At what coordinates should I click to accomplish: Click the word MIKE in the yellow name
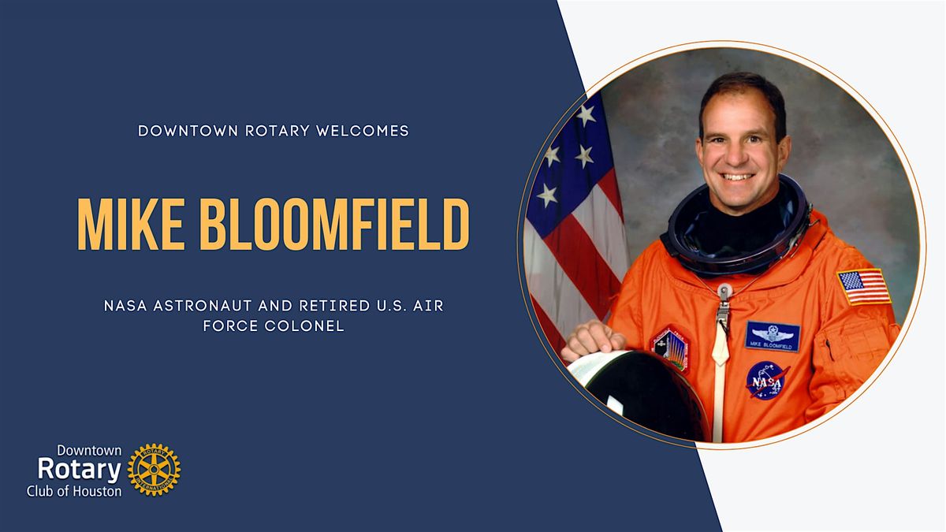point(132,224)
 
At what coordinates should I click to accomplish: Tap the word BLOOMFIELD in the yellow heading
point(334,224)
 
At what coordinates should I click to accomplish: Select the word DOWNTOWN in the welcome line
point(188,131)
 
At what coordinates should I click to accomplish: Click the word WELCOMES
point(363,131)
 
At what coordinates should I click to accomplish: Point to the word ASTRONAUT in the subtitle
point(203,306)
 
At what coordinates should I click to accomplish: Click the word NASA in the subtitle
point(125,306)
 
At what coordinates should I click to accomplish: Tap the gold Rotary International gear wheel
point(155,470)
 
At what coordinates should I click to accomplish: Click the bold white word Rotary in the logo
point(79,470)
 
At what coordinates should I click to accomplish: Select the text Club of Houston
point(74,491)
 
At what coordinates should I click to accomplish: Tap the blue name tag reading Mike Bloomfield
point(773,337)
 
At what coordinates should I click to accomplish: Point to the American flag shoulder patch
point(864,287)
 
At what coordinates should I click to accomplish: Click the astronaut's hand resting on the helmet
point(593,339)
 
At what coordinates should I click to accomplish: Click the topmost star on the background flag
point(587,115)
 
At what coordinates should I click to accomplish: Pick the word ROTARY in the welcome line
point(277,131)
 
